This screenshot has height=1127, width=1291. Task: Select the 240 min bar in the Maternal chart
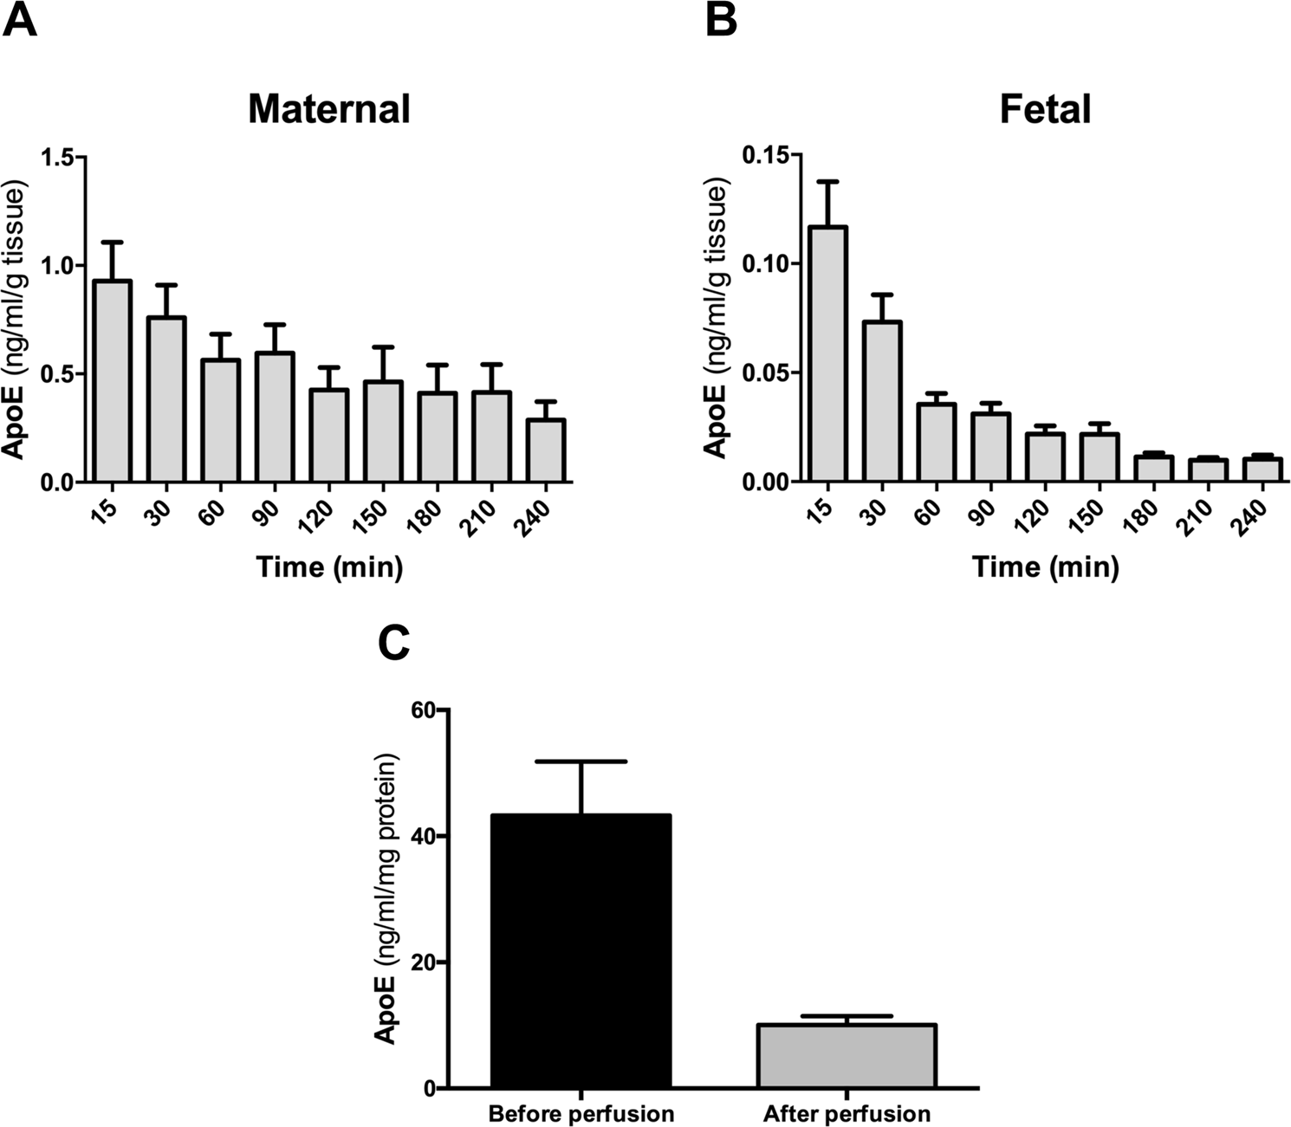546,450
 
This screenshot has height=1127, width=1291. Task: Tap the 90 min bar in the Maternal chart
275,417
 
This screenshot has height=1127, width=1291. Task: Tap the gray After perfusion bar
847,1056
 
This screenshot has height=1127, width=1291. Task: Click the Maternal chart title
328,110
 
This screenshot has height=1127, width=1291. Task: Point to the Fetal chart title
1045,110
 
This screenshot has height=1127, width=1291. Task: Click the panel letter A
20,20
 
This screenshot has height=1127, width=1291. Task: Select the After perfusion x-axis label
847,1113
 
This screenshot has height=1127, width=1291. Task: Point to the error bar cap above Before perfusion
581,761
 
